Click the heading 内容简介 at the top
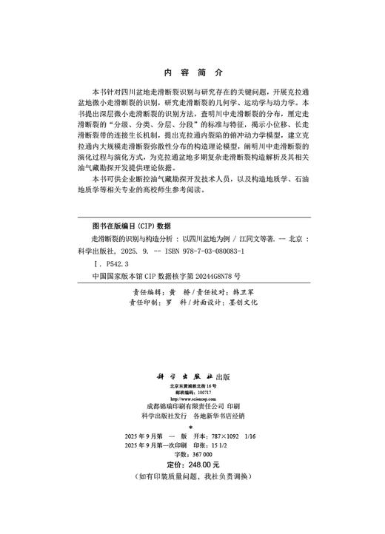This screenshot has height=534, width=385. click(192, 73)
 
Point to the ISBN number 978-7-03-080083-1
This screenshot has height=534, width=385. click(215, 251)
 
